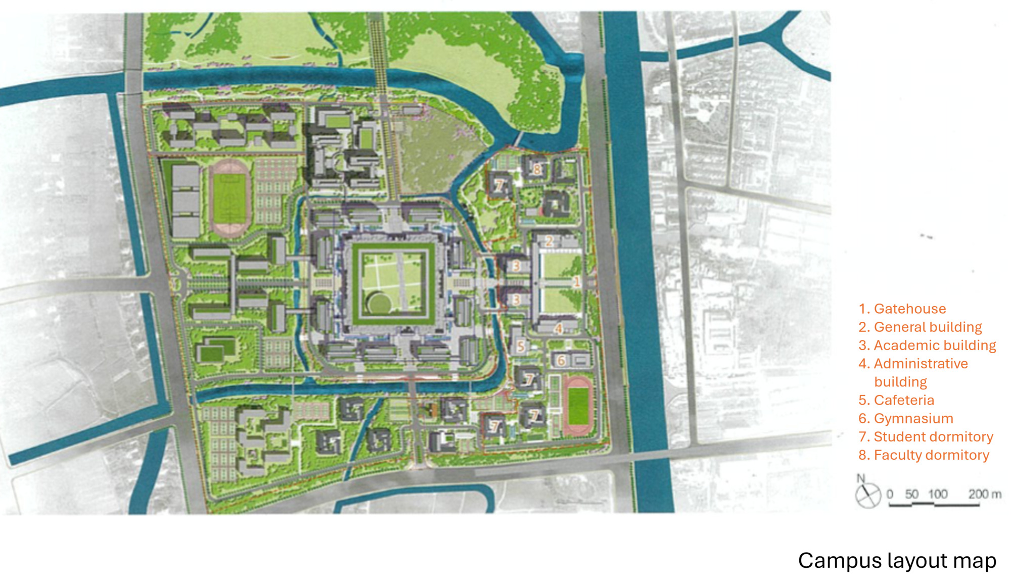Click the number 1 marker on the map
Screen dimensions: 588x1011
click(576, 282)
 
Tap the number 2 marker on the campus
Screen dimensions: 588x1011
click(549, 241)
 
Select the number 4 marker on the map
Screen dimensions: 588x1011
click(559, 329)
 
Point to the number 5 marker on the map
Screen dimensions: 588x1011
click(521, 347)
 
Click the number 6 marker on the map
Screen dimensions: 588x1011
click(561, 360)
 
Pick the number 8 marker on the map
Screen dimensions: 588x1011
click(537, 169)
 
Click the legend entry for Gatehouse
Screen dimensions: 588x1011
click(902, 309)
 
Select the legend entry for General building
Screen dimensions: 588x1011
click(920, 327)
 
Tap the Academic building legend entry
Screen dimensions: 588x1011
click(927, 345)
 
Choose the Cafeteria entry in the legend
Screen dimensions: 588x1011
click(896, 400)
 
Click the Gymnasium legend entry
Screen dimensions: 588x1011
click(906, 418)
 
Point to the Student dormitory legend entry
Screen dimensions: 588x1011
click(926, 436)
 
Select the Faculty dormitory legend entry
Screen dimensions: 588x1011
click(924, 455)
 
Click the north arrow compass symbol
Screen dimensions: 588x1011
click(867, 494)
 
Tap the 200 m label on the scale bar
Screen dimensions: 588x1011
click(984, 494)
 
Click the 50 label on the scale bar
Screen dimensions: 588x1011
click(912, 494)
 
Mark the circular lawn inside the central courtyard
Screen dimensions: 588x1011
click(379, 304)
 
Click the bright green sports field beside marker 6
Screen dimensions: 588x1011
click(578, 405)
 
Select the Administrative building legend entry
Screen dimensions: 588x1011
click(913, 372)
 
